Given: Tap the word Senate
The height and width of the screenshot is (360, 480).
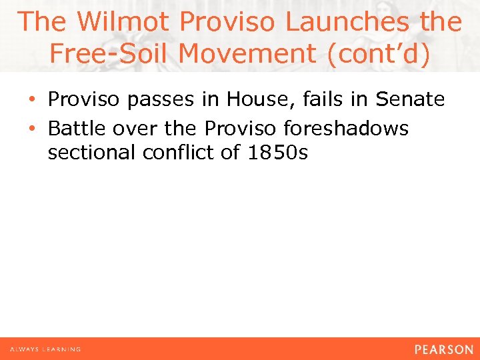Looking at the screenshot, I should coord(410,100).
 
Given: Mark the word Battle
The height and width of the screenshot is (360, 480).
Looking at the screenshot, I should coord(74,127).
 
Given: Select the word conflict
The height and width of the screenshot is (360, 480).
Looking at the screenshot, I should coord(179,153).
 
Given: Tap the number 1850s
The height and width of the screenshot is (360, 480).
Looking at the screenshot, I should coord(277,153).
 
